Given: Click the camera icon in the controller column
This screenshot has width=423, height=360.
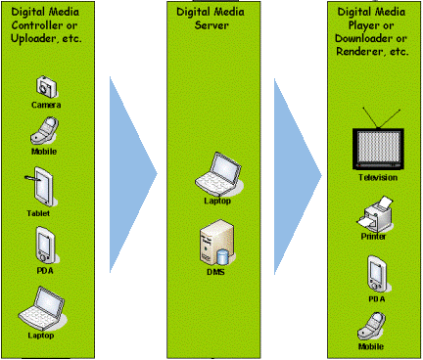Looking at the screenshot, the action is click(x=46, y=87).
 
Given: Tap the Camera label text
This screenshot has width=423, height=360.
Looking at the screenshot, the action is click(x=46, y=105).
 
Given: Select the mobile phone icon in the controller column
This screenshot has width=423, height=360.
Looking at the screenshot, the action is click(x=44, y=131).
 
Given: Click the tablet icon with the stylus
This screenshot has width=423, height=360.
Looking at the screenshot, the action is click(x=40, y=187).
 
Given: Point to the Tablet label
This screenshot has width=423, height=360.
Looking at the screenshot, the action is click(x=38, y=213).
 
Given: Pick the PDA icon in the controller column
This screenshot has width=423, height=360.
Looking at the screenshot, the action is click(x=45, y=246).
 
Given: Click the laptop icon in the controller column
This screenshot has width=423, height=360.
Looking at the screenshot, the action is click(x=41, y=308).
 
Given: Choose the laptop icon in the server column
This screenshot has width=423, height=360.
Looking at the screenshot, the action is click(x=218, y=174).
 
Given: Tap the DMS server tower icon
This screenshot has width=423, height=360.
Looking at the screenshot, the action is click(x=216, y=242).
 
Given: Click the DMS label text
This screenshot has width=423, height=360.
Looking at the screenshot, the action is click(x=215, y=272).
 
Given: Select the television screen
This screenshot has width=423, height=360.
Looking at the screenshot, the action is click(x=378, y=150).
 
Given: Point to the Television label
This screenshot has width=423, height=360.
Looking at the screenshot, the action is click(x=378, y=178).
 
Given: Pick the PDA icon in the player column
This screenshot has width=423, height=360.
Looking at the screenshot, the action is click(x=377, y=274).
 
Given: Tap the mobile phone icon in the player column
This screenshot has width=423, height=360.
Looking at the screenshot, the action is click(x=372, y=327).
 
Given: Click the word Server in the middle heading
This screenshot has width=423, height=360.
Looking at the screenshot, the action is click(x=211, y=25).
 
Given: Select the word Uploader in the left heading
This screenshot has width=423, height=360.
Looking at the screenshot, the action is click(x=33, y=39).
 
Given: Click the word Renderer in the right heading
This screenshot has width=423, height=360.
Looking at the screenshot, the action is click(x=358, y=52).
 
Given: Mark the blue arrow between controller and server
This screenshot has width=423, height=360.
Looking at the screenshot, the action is click(x=133, y=174).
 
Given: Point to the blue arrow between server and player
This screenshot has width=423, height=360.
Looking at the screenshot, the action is click(x=298, y=176).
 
